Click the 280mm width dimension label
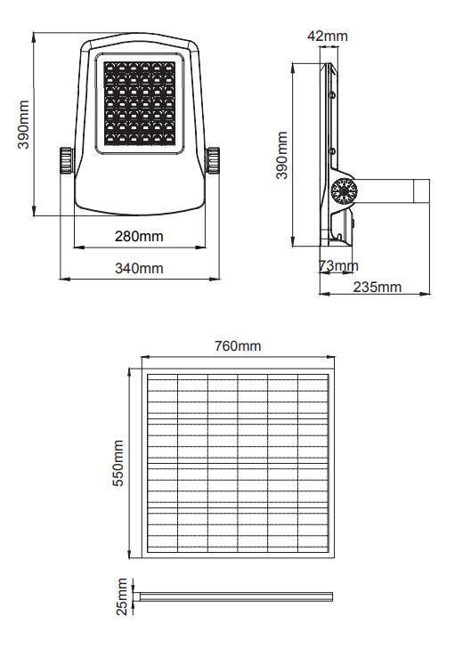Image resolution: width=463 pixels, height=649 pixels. (x=139, y=236)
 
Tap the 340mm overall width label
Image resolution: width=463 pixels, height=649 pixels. (x=139, y=268)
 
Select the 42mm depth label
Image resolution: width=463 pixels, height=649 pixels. (x=328, y=36)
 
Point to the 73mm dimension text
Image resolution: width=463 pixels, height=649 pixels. (x=338, y=265)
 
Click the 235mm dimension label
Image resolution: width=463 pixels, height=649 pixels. (x=378, y=287)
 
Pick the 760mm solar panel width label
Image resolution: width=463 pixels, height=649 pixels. (x=238, y=345)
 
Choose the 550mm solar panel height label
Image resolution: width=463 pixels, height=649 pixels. (x=118, y=463)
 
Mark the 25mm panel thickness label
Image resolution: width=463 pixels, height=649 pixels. (x=122, y=596)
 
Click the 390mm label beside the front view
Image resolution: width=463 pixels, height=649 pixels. (x=23, y=124)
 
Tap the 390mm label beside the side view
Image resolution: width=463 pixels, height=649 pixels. (x=281, y=155)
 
